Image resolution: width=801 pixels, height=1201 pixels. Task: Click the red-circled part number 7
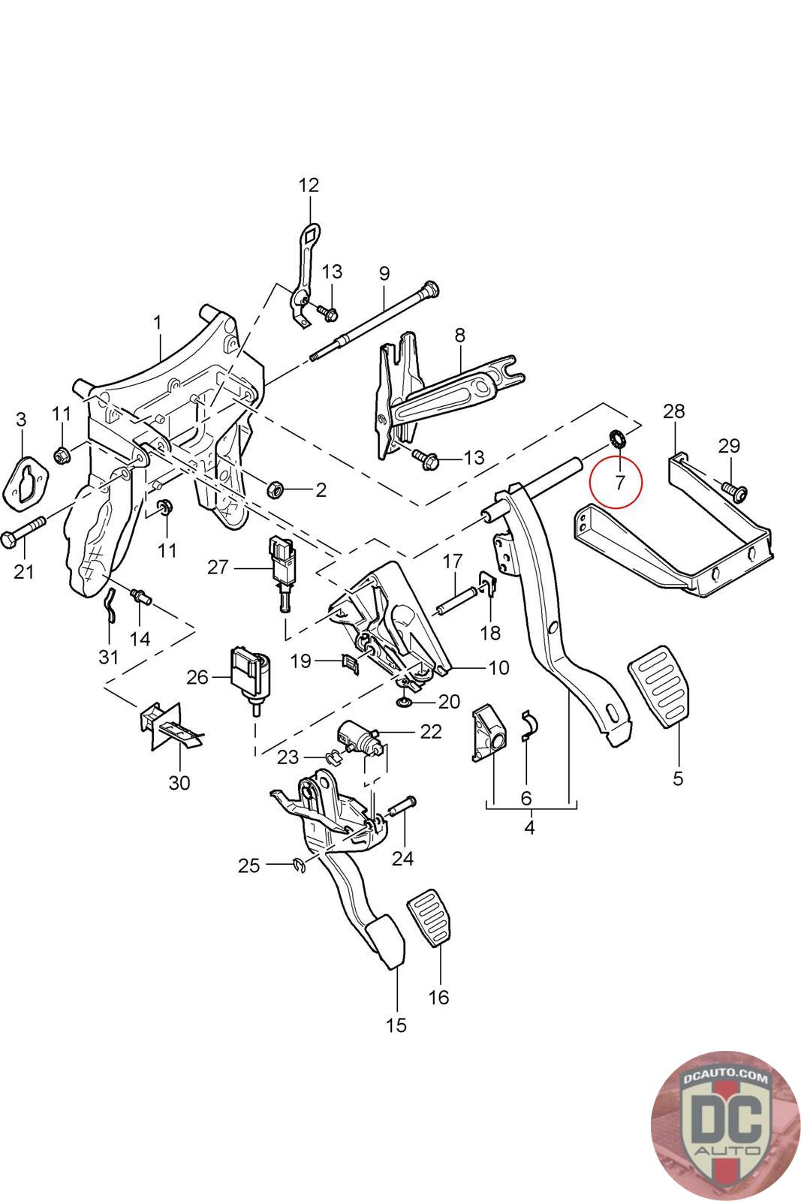619,481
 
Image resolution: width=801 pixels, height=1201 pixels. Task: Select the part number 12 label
309,185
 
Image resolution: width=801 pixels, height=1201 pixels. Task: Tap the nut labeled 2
276,490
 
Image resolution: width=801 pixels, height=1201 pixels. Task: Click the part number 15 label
396,1025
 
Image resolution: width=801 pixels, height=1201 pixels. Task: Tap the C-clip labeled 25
299,867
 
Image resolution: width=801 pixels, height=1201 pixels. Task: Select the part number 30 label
179,783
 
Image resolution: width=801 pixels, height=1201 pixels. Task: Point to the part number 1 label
158,323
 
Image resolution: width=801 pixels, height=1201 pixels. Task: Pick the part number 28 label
673,411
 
